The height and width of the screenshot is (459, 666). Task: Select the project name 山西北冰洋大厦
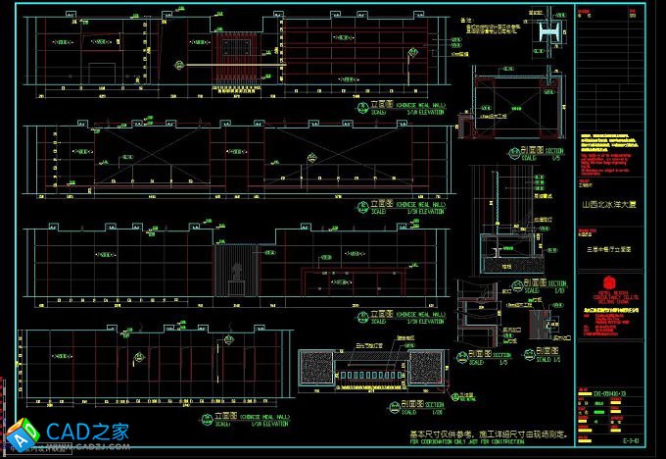(607, 205)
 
